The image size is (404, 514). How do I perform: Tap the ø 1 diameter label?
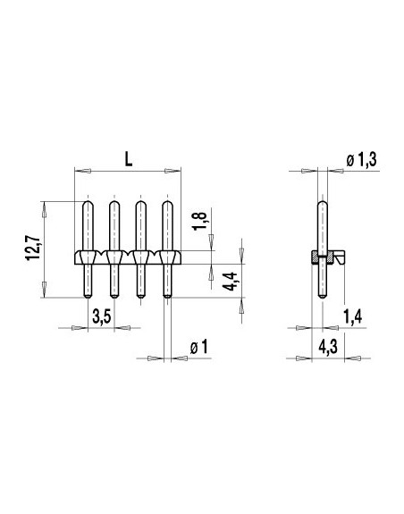pyautogui.click(x=198, y=346)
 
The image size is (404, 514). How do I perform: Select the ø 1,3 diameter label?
pyautogui.click(x=361, y=158)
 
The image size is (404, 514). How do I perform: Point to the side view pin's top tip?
pyautogui.click(x=321, y=205)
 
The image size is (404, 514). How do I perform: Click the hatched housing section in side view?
pyautogui.click(x=315, y=258)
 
